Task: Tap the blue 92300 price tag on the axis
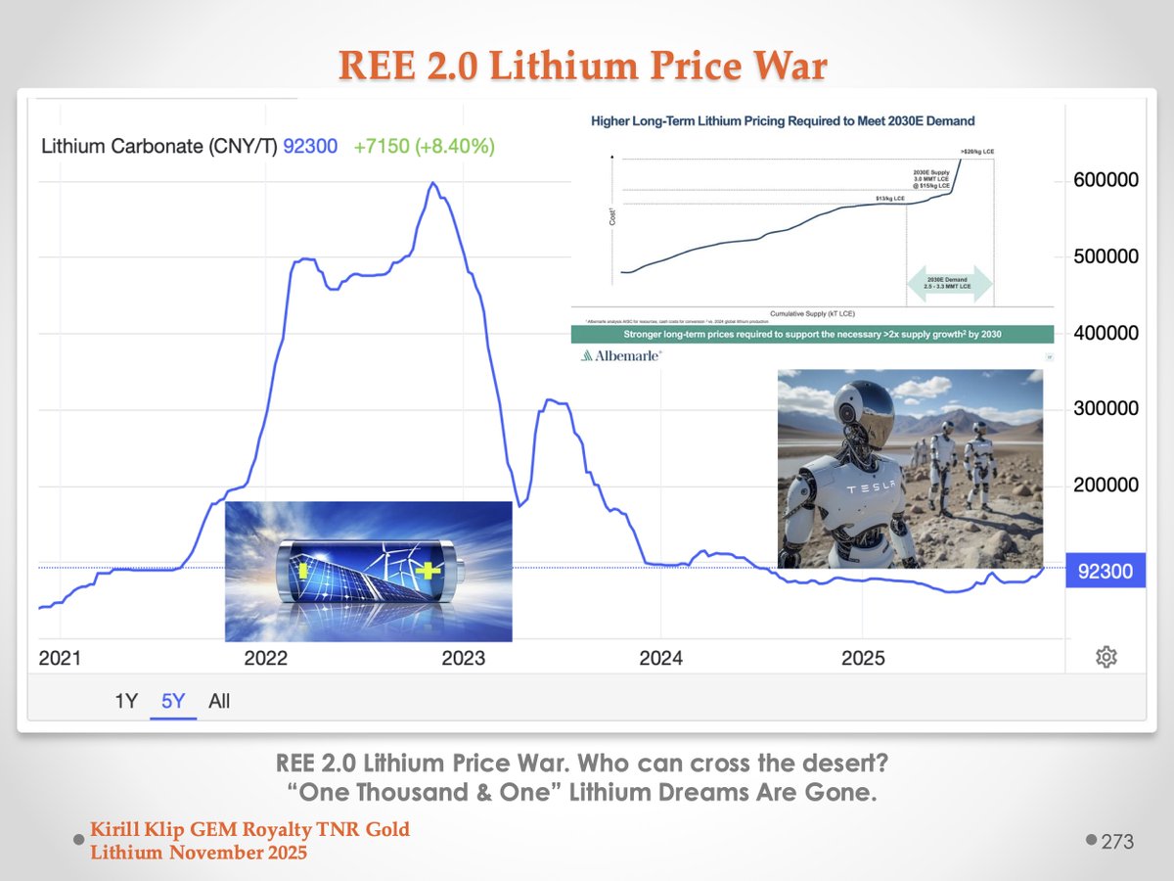[1106, 572]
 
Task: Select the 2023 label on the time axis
[463, 658]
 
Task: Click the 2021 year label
[60, 658]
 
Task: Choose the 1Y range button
[126, 701]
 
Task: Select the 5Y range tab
[173, 701]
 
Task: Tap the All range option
[219, 701]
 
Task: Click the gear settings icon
[1106, 657]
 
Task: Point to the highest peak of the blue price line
[432, 183]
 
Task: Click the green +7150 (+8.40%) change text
[424, 147]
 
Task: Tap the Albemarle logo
[620, 356]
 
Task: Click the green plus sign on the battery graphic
[429, 571]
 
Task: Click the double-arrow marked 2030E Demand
[950, 283]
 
